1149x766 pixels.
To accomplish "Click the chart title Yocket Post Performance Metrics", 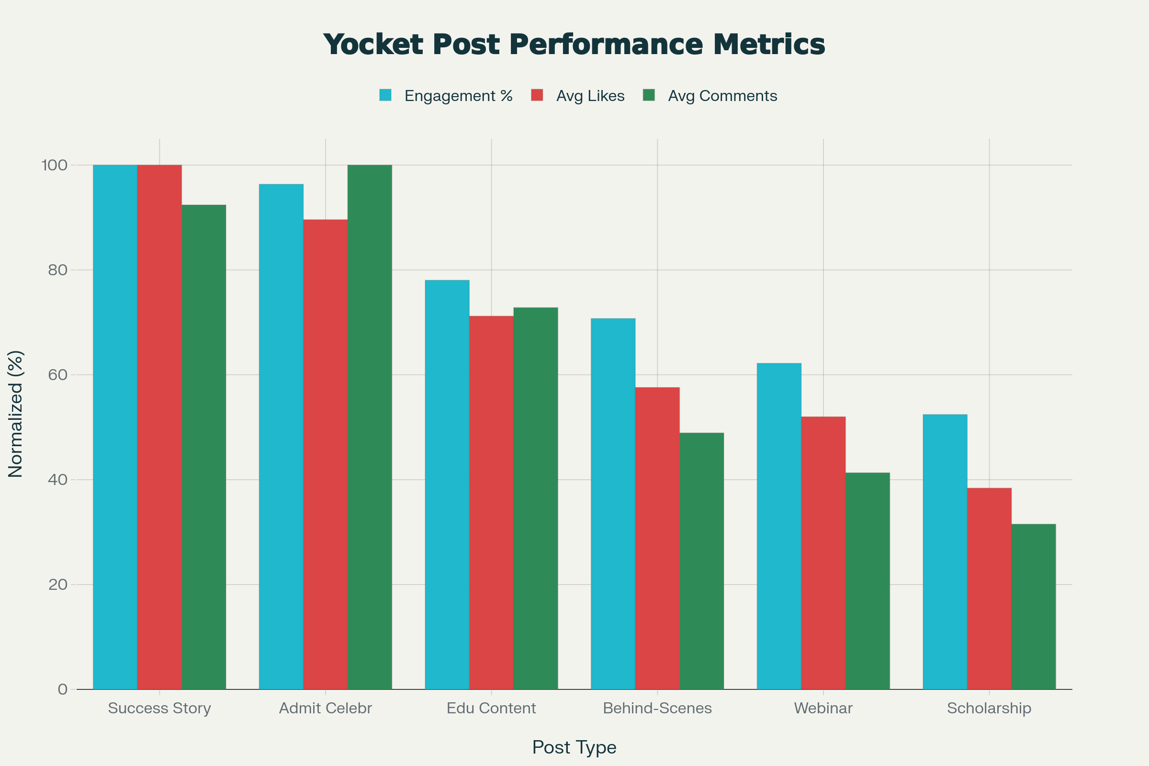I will (x=574, y=45).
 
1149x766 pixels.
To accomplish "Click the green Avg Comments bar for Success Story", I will (x=204, y=447).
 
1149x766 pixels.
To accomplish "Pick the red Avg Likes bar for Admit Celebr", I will (x=326, y=454).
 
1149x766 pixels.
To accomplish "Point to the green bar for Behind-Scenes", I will (x=701, y=561).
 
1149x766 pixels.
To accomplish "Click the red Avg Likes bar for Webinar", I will (x=823, y=553).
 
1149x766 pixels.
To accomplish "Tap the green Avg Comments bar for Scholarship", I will (x=1033, y=607).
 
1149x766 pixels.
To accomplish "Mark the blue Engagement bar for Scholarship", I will (x=945, y=552).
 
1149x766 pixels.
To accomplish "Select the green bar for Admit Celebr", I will (x=370, y=427).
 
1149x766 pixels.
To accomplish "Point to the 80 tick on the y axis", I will (x=57, y=270).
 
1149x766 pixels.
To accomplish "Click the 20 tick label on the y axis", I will (x=57, y=585).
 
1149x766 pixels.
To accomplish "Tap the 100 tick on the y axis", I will (x=54, y=165).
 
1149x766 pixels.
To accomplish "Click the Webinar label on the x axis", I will (x=823, y=709).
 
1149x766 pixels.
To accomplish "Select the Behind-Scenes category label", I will (x=657, y=709).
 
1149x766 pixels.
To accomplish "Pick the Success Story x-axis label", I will (x=159, y=709).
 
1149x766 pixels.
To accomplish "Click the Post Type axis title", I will (x=574, y=747).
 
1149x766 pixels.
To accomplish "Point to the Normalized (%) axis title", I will (x=16, y=414).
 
